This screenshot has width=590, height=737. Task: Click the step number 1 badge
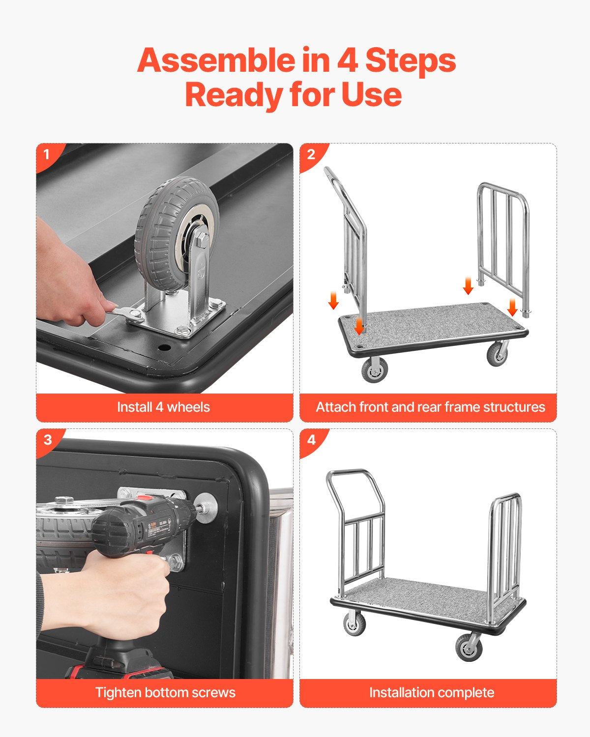(x=47, y=155)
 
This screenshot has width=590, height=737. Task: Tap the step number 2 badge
(x=311, y=155)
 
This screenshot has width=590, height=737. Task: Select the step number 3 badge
(x=47, y=439)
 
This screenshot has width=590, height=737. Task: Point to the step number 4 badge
(x=311, y=439)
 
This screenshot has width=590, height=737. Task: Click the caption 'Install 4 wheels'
(x=164, y=407)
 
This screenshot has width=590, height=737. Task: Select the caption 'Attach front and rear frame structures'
(x=430, y=407)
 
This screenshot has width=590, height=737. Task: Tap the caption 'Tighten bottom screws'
(x=165, y=693)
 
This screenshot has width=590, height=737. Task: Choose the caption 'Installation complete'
(x=431, y=693)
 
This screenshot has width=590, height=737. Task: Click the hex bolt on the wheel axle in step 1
(x=202, y=241)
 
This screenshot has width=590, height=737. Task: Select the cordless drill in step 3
(x=143, y=531)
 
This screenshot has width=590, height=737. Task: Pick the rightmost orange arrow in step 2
(x=512, y=307)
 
